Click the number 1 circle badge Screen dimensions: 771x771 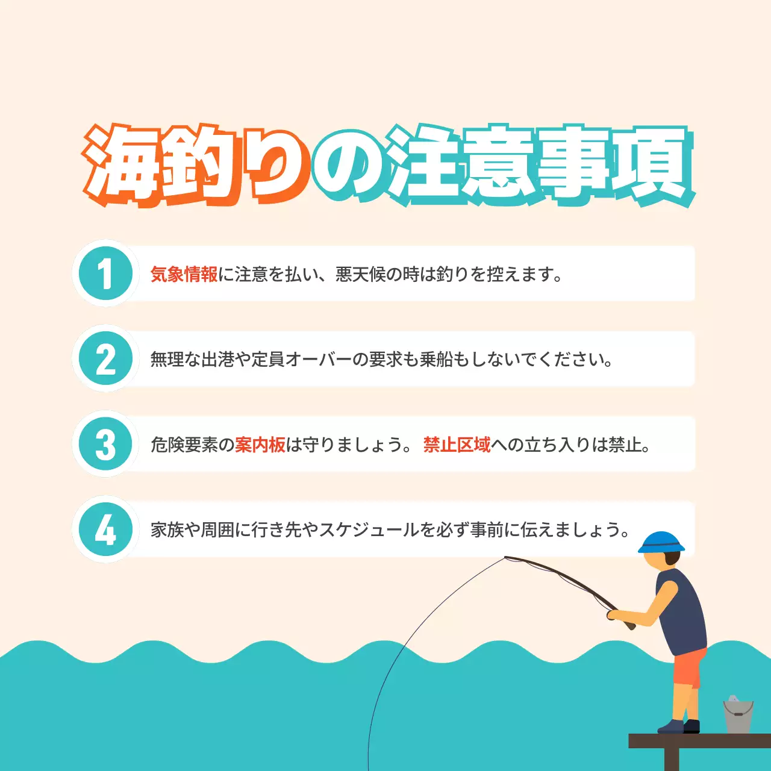pos(105,273)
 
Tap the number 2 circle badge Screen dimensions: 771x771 pos(105,359)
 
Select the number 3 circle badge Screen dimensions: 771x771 pos(105,445)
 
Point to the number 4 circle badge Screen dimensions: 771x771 pos(105,530)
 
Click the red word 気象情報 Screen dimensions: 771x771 pos(184,275)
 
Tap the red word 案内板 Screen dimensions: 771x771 pos(260,445)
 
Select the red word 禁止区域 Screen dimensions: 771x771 pos(457,445)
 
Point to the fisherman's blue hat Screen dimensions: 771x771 pos(661,542)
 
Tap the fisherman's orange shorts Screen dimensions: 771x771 pos(688,667)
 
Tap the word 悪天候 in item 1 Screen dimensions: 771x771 pos(360,275)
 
